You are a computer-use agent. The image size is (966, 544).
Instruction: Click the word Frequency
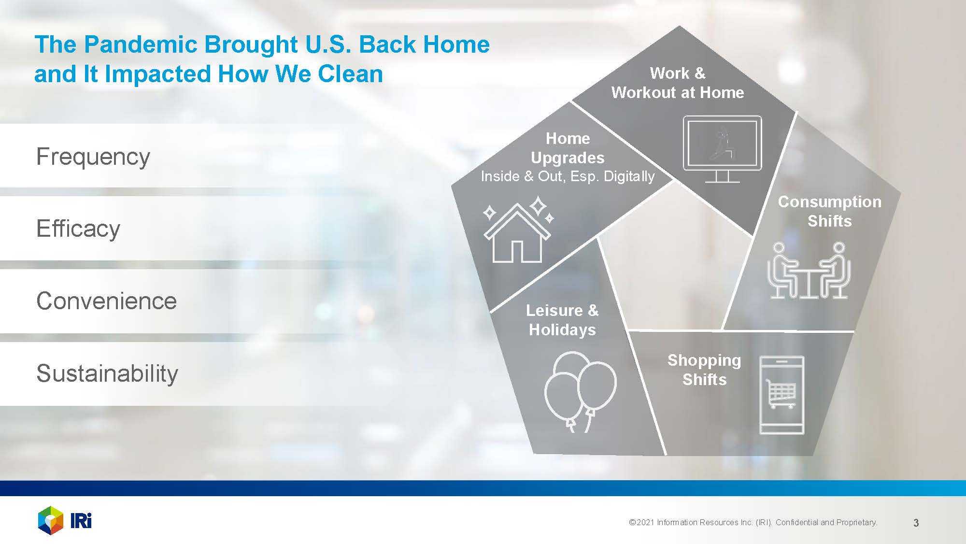93,157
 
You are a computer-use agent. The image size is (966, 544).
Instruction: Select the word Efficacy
78,229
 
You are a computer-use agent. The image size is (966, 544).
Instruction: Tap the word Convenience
107,301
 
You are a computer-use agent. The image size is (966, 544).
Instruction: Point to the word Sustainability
107,373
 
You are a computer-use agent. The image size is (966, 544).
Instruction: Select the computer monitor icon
722,149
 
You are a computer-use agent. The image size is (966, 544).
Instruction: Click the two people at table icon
809,271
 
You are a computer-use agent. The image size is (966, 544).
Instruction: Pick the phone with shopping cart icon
781,395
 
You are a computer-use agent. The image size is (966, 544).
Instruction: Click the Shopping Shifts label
704,370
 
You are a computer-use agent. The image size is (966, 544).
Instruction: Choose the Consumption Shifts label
829,211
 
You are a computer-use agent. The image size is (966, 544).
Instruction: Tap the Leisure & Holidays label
562,320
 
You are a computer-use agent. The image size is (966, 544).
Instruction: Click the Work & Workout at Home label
678,83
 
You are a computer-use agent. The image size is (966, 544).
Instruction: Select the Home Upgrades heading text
568,148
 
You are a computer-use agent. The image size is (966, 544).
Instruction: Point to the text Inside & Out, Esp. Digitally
568,176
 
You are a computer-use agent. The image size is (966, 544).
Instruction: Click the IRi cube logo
51,520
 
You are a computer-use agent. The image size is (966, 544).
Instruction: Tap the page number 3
916,523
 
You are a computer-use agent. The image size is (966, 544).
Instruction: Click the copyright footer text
753,522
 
